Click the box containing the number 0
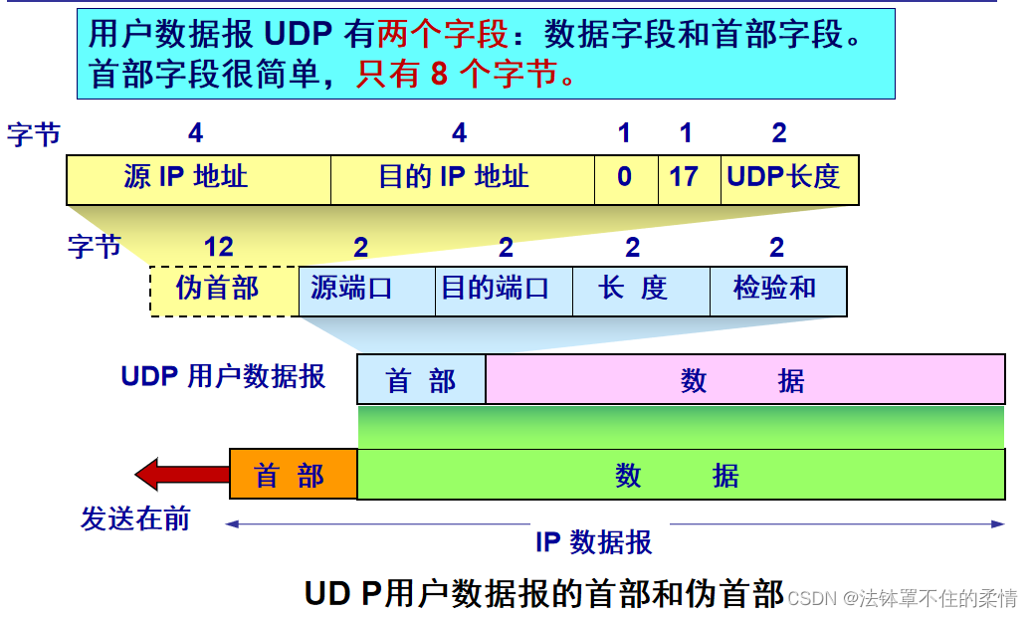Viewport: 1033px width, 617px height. coord(625,179)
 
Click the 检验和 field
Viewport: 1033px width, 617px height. coord(777,291)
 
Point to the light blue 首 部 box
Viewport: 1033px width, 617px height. coord(421,379)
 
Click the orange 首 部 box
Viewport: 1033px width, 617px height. coord(293,475)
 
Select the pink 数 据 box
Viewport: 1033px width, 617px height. coord(744,379)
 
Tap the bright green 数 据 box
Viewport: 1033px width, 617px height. coord(680,475)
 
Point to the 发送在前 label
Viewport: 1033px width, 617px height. coord(135,518)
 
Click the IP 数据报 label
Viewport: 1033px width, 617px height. coord(594,542)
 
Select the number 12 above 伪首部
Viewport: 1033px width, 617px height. coord(218,247)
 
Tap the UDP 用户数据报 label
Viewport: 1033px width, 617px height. coord(223,376)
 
